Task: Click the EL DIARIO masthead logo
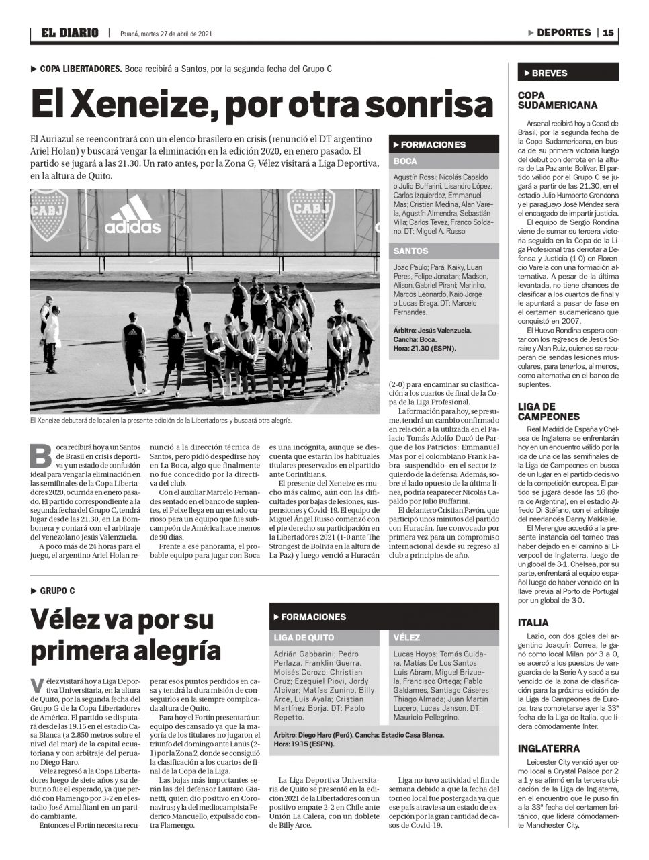coord(69,32)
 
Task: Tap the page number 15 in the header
coord(607,32)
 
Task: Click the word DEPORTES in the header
coord(564,32)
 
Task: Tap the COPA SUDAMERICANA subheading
coord(557,100)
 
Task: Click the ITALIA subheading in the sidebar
coord(533,622)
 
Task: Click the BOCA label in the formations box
coord(405,161)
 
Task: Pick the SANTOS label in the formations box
coord(410,251)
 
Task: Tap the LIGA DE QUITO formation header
coord(304,637)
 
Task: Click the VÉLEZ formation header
coord(406,637)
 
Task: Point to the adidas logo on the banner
coord(132,216)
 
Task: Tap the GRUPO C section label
coord(57,591)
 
